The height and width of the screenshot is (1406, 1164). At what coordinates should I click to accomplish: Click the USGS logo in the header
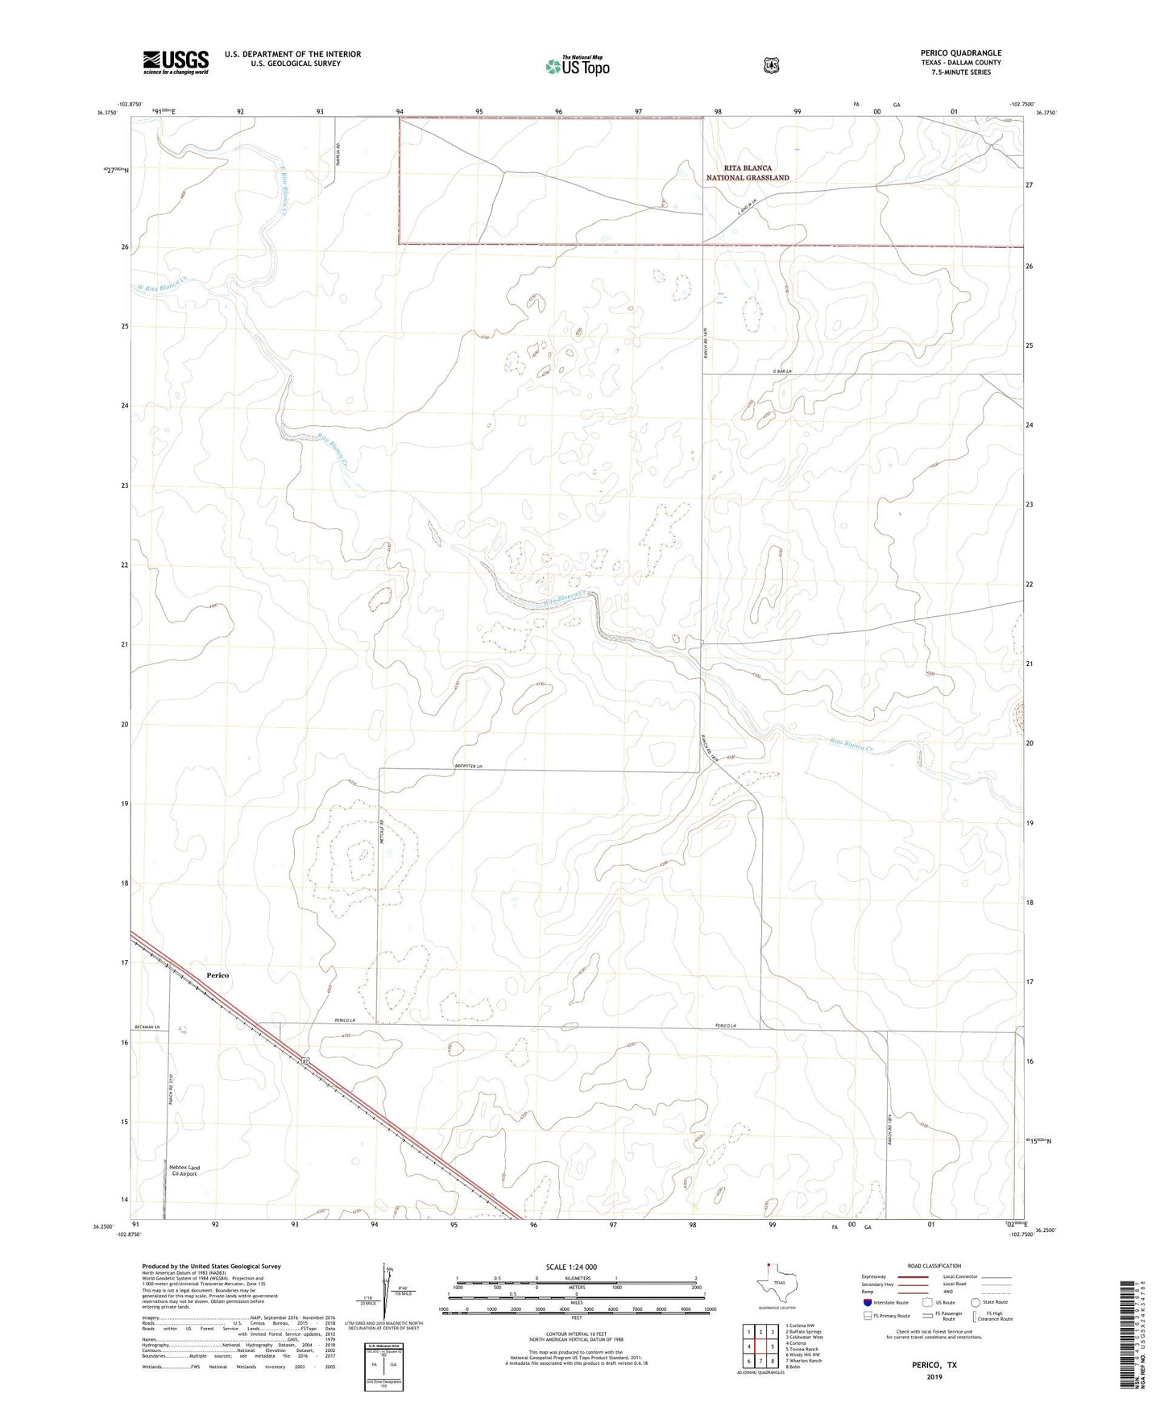(176, 62)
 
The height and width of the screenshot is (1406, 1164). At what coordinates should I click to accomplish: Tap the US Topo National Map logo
(576, 65)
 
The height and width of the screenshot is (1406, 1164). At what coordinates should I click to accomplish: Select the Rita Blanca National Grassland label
(747, 173)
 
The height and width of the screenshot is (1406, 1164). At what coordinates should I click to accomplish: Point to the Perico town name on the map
(217, 975)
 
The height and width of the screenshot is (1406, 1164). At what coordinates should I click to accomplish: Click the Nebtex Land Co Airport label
(183, 1170)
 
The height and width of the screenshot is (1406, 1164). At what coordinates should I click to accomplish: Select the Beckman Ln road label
(147, 1027)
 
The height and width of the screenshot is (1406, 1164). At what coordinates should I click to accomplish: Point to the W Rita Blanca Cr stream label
(164, 285)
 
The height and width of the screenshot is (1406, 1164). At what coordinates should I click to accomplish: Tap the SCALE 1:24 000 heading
(571, 1267)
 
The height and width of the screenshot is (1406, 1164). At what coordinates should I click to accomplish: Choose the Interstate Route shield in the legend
(867, 1302)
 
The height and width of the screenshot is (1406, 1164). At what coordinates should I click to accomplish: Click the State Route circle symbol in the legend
(976, 1302)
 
